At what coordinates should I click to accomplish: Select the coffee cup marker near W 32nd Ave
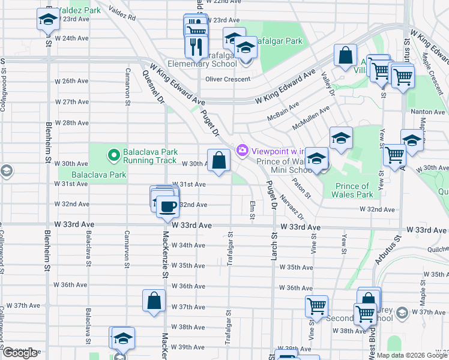[167, 206]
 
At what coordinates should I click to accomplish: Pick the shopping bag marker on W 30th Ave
[218, 160]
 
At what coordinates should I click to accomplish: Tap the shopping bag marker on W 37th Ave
[154, 302]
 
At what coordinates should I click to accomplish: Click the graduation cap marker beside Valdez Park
[48, 20]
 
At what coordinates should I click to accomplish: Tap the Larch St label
[273, 247]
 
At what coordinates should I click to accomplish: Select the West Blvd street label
[372, 342]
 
